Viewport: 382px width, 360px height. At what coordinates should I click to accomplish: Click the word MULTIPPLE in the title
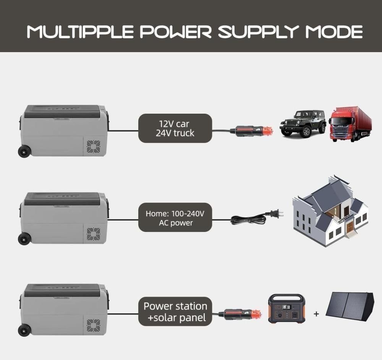[x=80, y=32]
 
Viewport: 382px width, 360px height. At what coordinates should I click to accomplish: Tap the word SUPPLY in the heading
[x=259, y=32]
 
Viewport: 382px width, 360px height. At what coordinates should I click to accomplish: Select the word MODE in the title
[x=334, y=32]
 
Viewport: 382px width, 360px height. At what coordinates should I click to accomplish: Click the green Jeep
[x=303, y=123]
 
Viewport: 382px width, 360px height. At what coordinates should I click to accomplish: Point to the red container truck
[x=350, y=124]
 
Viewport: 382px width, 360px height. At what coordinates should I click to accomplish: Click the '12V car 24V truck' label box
[x=175, y=128]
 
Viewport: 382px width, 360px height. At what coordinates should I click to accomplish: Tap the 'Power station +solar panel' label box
[x=175, y=311]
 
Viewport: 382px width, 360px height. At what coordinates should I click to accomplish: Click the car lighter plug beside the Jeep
[x=251, y=131]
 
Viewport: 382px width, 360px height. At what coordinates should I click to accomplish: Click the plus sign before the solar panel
[x=316, y=314]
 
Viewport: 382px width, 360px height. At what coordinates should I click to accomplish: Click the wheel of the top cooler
[x=24, y=151]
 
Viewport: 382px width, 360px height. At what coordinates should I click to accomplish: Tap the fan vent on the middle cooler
[x=94, y=234]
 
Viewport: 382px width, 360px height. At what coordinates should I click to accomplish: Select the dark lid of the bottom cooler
[x=62, y=290]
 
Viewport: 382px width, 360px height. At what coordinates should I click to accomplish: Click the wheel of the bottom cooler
[x=24, y=330]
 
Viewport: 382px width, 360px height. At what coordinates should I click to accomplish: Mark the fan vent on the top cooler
[x=94, y=147]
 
